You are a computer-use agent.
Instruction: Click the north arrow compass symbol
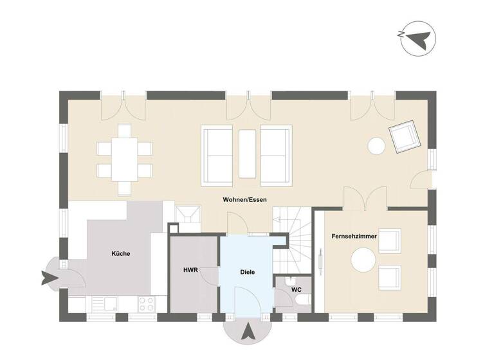tap(416, 40)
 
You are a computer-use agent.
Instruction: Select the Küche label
tap(120, 253)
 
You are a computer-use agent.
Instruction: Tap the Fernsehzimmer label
tap(354, 237)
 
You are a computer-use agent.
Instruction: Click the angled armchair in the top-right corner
tap(404, 137)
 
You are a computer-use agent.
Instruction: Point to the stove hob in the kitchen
tap(145, 304)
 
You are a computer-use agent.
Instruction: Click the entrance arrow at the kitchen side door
tap(47, 278)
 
